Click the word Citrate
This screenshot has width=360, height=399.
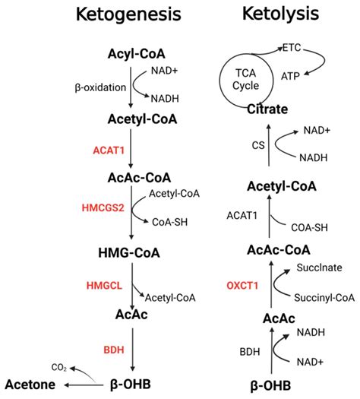pos(267,109)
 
